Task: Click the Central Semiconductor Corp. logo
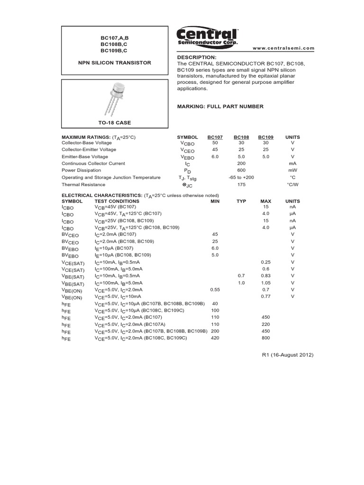pos(207,36)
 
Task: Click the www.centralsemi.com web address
pos(283,48)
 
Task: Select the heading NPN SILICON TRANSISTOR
pos(114,63)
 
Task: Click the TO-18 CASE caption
pos(114,123)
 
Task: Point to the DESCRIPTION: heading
pos(196,57)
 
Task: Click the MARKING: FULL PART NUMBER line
pos(220,107)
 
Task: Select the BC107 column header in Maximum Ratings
pos(215,137)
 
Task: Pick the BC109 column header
pos(266,137)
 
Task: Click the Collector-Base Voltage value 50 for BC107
pos(215,143)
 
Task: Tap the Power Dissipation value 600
pos(241,170)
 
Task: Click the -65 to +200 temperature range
pos(241,177)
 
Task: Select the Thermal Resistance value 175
pos(241,184)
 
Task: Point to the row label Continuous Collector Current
pos(93,163)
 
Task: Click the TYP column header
pos(241,201)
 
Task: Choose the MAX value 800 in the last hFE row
pos(266,338)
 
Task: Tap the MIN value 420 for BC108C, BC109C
pos(215,338)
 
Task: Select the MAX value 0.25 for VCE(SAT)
pos(266,262)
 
